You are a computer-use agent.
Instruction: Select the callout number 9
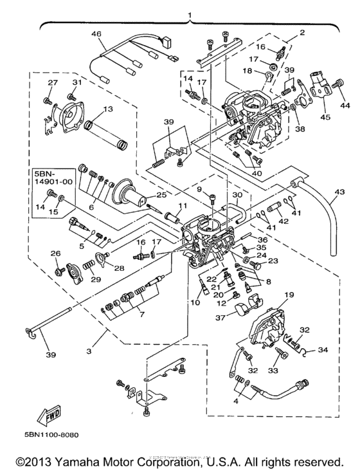tap(199, 189)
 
